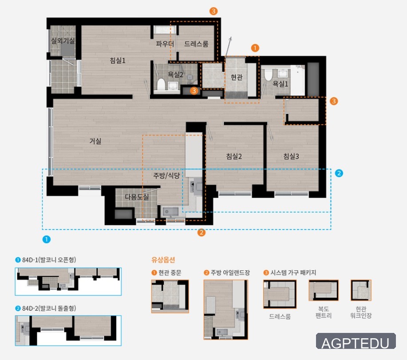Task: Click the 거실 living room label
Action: coord(95,141)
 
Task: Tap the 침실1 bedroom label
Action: coord(118,60)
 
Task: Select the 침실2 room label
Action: coord(234,156)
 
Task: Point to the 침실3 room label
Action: coord(291,156)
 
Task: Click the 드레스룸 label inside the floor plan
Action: coord(196,44)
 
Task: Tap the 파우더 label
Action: coord(165,44)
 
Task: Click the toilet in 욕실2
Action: coord(161,84)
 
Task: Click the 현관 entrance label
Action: coord(237,77)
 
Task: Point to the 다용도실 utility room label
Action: coord(137,197)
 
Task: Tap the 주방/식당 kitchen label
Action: coord(166,176)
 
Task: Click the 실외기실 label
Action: coord(63,40)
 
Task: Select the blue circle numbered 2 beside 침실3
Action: coord(339,173)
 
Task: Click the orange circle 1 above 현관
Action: coord(255,48)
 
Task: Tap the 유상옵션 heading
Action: coord(163,260)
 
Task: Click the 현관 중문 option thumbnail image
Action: coord(170,296)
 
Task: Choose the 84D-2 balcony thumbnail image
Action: coord(68,330)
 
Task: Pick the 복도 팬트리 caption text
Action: coord(324,312)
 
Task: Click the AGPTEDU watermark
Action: coord(356,341)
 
